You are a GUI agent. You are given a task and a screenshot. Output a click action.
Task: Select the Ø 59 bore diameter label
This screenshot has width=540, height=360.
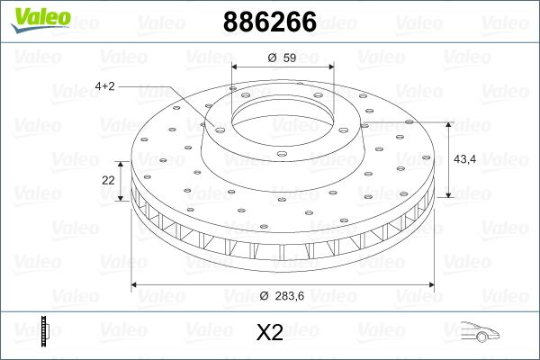click(283, 58)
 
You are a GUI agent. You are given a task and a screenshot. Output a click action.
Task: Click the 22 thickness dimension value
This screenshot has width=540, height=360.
click(109, 180)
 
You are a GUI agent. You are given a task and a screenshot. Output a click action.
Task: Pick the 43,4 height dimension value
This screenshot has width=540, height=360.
click(465, 159)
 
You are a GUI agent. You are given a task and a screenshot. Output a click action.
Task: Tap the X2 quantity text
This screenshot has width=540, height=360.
click(270, 333)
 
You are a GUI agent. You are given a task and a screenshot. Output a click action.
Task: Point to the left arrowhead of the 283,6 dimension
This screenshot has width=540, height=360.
click(136, 285)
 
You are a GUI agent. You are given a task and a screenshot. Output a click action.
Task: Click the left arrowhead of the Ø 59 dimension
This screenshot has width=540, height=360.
click(235, 68)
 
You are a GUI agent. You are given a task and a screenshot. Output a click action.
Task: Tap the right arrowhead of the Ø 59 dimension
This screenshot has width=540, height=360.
click(328, 68)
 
